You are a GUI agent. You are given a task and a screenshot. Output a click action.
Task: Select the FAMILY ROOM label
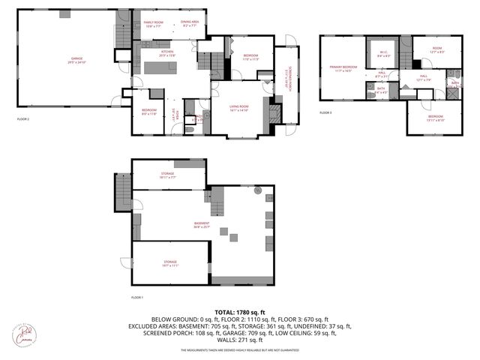[x=154, y=24]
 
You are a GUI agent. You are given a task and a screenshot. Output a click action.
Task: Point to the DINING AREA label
[x=190, y=24]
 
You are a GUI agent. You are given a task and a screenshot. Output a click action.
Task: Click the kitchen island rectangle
[x=160, y=68]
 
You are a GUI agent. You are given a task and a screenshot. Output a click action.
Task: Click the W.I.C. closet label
[x=382, y=53]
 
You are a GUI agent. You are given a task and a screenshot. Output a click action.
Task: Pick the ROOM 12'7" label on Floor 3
[x=437, y=49]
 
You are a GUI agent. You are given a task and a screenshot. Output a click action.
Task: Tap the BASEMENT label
[x=202, y=225]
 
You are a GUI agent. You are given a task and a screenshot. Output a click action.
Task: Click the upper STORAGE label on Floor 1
[x=167, y=175]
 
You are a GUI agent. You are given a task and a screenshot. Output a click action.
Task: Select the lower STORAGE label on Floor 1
[x=170, y=263]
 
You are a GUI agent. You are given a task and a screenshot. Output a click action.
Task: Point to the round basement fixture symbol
[x=259, y=190]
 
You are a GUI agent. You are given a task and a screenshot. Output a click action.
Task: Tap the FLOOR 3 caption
[x=325, y=113]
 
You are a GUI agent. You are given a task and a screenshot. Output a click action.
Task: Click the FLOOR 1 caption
[x=137, y=298]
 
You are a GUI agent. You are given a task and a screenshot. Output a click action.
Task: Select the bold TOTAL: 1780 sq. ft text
[x=240, y=311]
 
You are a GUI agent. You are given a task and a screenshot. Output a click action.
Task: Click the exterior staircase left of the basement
[x=122, y=191]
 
